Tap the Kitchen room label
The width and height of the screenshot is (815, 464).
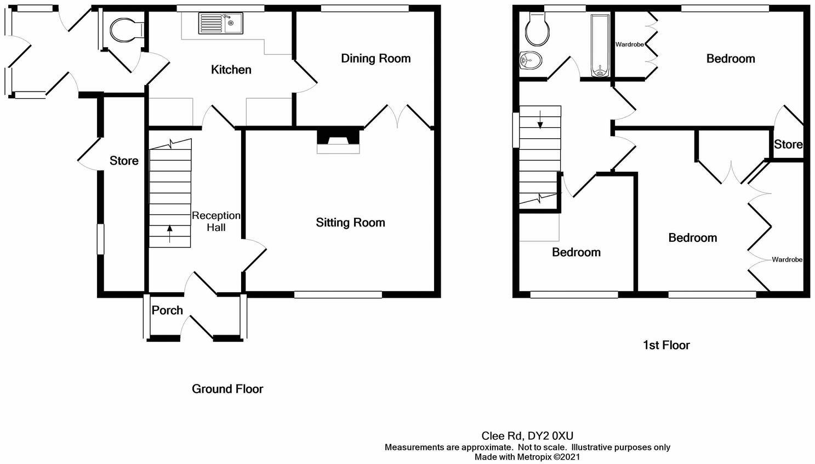[231, 70]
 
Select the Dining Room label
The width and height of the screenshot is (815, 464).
[375, 59]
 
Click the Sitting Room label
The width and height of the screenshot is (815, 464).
[350, 223]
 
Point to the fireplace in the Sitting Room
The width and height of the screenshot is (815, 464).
[338, 140]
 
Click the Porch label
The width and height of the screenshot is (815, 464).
[167, 310]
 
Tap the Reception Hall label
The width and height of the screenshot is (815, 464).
[216, 222]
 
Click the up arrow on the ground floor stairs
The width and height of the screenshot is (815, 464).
[169, 234]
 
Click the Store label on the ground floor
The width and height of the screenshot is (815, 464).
[124, 161]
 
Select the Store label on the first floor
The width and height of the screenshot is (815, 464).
[788, 144]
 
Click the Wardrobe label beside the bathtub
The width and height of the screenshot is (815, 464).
[629, 44]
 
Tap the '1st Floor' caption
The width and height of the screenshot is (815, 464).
[666, 345]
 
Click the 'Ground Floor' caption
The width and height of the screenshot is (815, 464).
[227, 389]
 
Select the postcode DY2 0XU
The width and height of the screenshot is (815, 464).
[550, 436]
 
